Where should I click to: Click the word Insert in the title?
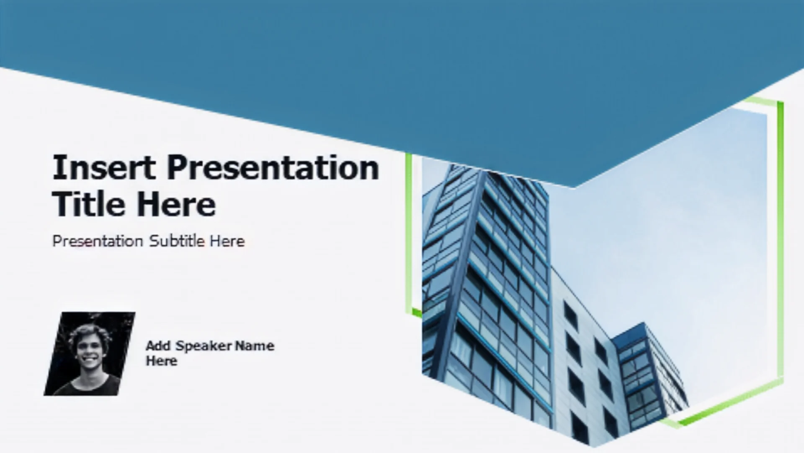pos(104,167)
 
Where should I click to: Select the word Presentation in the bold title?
pos(273,167)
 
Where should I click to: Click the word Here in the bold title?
pos(176,204)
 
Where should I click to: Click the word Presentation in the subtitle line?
pos(98,242)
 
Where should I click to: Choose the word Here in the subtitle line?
pos(227,241)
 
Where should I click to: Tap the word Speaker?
pos(204,346)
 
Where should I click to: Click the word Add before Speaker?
pos(158,346)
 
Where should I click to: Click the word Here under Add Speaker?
pos(161,361)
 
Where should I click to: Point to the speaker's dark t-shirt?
pos(88,386)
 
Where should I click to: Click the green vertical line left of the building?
pos(409,233)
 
